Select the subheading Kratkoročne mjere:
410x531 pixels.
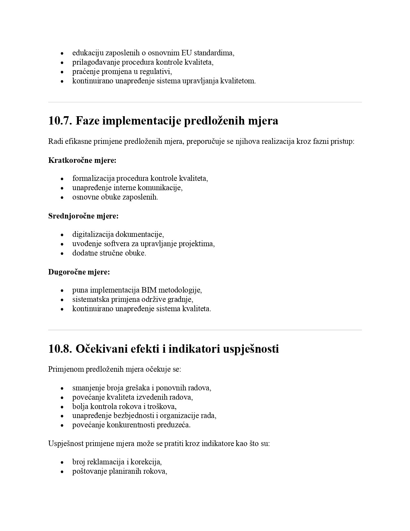pos(82,160)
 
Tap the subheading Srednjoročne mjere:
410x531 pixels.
pos(83,216)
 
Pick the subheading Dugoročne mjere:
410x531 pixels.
pos(79,272)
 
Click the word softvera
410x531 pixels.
pos(118,244)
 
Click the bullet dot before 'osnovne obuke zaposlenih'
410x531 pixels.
pos(62,197)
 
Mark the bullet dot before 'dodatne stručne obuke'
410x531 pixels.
pos(62,253)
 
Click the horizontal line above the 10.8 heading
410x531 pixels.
pos(205,330)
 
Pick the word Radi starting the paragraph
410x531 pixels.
pos(55,141)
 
